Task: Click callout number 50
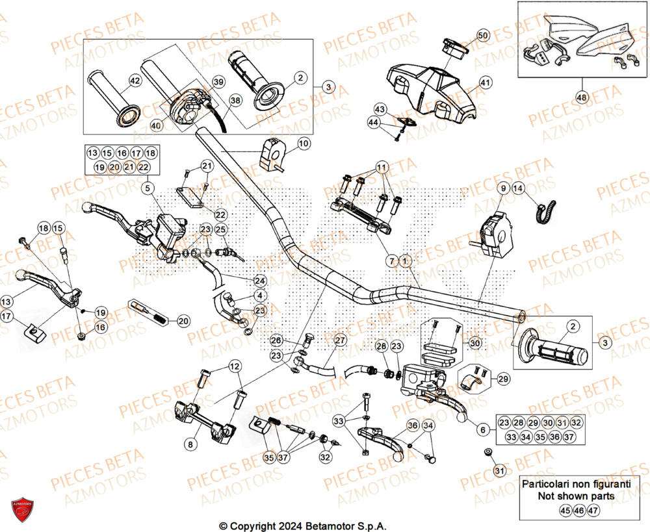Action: (x=482, y=36)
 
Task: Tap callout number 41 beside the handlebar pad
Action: (x=486, y=82)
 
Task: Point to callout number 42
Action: (x=135, y=81)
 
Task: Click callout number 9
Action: (x=503, y=189)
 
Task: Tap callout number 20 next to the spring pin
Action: (x=183, y=321)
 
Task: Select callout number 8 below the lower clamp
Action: (x=190, y=444)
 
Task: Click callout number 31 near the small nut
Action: (x=499, y=470)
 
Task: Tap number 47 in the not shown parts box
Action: (x=592, y=511)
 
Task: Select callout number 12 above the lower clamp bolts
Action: (x=234, y=367)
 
